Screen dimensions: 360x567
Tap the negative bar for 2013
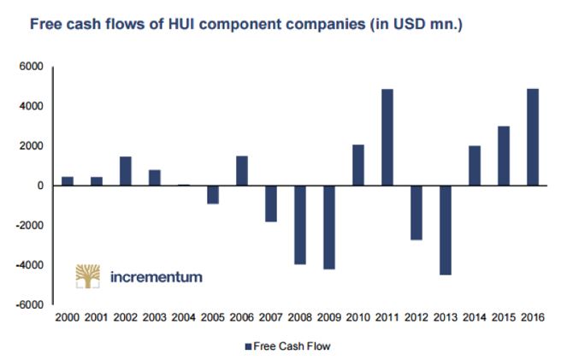point(446,230)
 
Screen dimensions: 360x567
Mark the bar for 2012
point(417,213)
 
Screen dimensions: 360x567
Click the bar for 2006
point(242,171)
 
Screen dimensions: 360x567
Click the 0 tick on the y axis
point(38,186)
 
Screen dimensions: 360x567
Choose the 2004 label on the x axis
point(184,318)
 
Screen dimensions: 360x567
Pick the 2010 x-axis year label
point(359,318)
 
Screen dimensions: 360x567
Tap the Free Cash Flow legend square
point(249,346)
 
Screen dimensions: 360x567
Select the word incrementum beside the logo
point(157,277)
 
